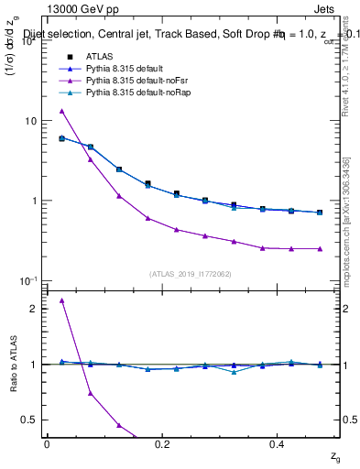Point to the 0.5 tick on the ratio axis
coord(29,420)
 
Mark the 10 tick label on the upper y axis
coord(28,120)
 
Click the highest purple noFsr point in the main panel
coord(61,111)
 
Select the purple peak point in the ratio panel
coord(61,300)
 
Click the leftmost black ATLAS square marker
coord(61,138)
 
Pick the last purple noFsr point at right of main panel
coord(320,248)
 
